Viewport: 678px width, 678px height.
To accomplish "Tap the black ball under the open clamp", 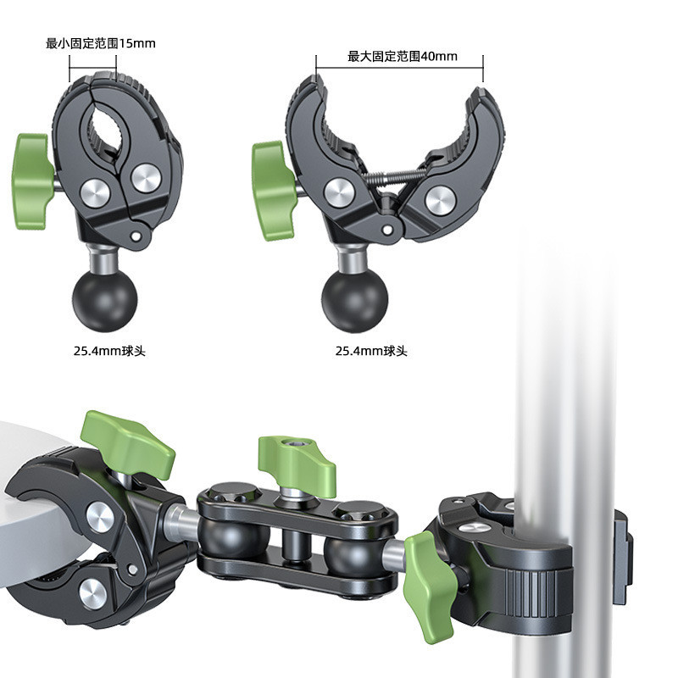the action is coord(354,303).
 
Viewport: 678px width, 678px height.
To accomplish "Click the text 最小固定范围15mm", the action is coord(100,44).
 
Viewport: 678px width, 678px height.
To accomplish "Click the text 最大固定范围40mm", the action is coord(402,56).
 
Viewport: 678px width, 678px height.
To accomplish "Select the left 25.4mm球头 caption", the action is coord(109,350).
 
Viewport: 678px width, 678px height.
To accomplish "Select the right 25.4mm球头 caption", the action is coord(371,350).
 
